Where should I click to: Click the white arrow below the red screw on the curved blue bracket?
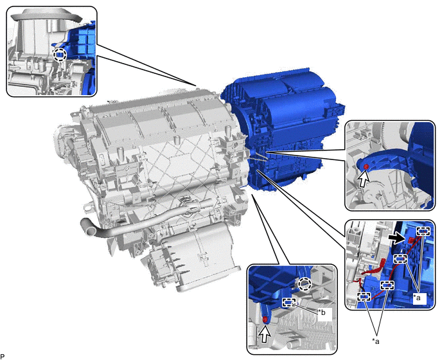[363, 179]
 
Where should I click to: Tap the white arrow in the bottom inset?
[265, 334]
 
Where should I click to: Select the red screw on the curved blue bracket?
[366, 166]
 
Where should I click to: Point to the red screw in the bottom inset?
[265, 319]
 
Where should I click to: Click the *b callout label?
[322, 312]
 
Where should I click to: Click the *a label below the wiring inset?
[376, 341]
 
